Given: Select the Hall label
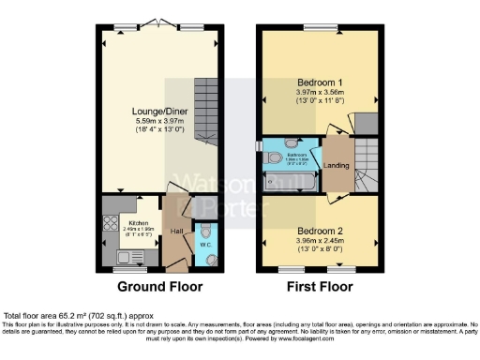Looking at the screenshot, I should (175, 230).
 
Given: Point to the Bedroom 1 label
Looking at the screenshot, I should (320, 82).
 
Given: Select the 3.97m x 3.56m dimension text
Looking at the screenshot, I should (320, 93).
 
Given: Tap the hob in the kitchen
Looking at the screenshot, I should (105, 225).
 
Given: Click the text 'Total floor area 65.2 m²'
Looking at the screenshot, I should (56, 317).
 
